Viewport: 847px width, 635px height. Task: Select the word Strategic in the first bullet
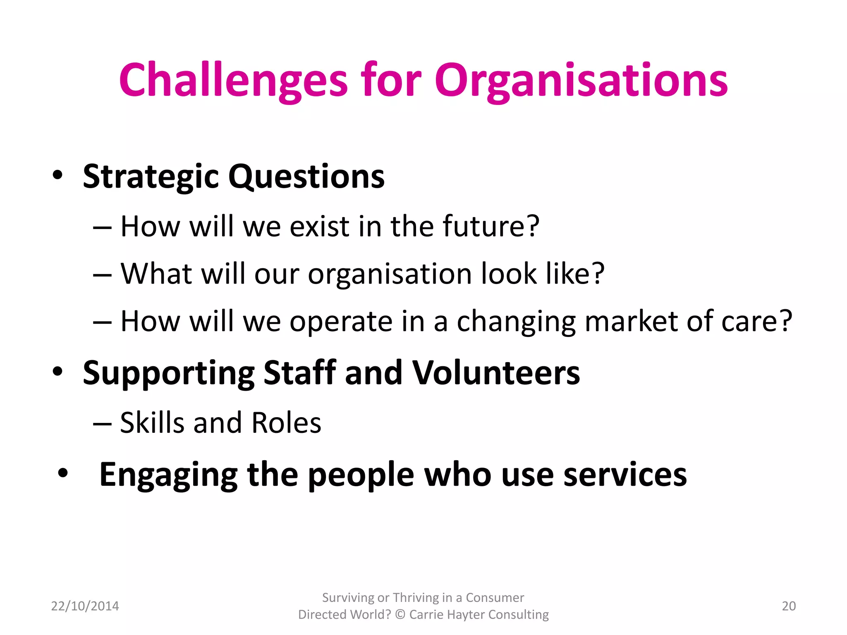[151, 177]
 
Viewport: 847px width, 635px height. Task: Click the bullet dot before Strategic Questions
[57, 175]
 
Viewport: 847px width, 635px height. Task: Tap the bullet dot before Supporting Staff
[57, 371]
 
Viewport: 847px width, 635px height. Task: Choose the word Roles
[286, 423]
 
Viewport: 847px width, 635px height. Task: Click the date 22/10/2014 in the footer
[85, 606]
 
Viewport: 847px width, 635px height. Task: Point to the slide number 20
[789, 606]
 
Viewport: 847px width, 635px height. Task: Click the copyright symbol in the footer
[400, 615]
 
